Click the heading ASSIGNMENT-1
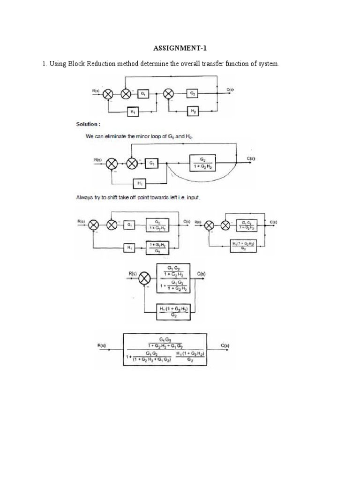[180, 48]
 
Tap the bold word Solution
[88, 124]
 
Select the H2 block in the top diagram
[193, 111]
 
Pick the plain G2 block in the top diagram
[193, 94]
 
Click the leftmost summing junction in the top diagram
[108, 94]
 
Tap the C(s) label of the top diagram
[230, 89]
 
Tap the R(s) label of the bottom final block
[102, 346]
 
